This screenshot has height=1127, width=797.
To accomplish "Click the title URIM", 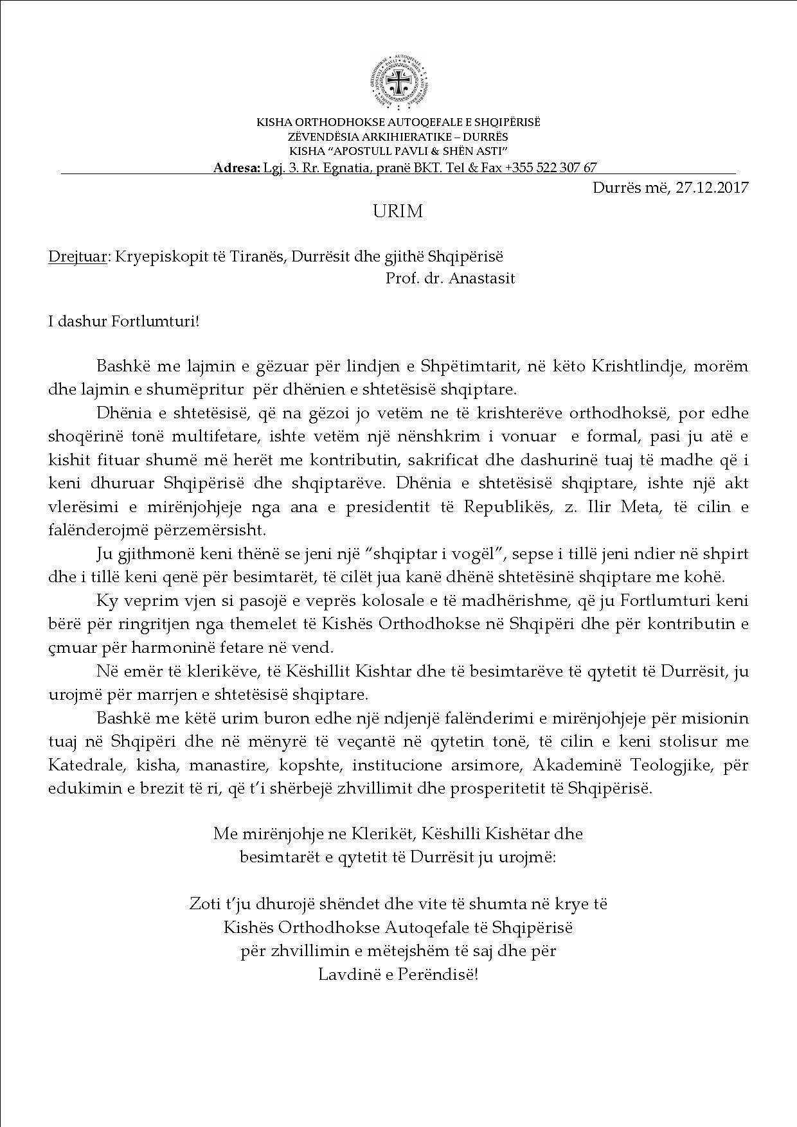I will [x=398, y=212].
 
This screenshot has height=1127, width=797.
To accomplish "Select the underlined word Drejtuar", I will [x=77, y=256].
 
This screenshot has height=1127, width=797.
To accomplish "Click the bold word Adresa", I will [x=236, y=168].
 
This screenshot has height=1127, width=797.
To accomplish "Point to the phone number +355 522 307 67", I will [x=551, y=168].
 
